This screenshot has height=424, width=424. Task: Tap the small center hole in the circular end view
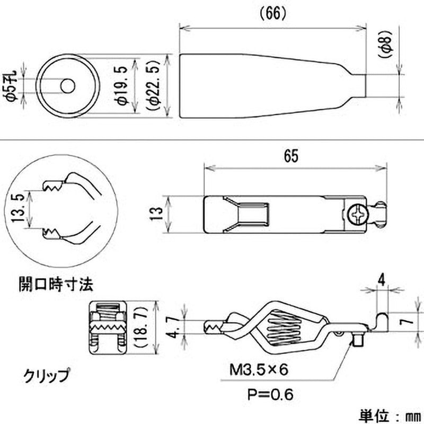click(67, 85)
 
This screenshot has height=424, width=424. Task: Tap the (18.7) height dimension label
click(143, 329)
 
